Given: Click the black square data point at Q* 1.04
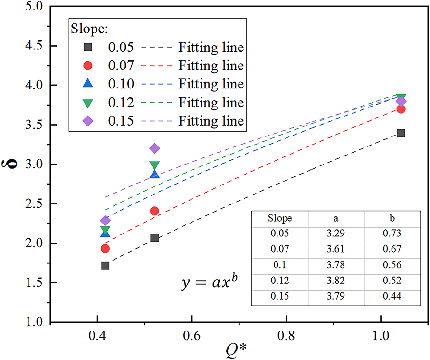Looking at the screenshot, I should tap(401, 133).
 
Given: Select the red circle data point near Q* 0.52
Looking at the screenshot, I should tap(154, 211).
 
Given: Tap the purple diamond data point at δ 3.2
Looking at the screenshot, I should tap(154, 148).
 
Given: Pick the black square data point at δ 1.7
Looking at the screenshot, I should tap(105, 265).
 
